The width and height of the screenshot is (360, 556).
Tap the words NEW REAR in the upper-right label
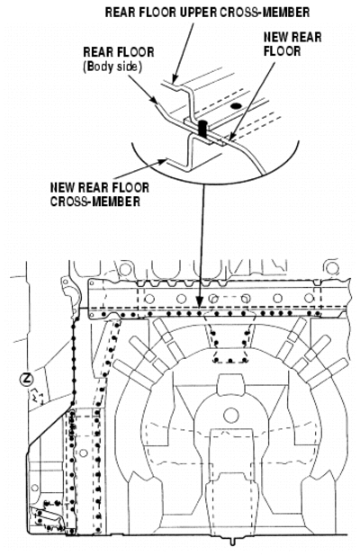point(292,37)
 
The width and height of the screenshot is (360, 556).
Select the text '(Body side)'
point(112,67)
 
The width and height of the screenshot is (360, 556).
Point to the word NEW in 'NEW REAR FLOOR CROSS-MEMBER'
point(61,187)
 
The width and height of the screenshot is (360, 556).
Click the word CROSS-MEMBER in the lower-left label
point(95,201)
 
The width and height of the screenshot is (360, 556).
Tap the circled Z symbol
point(26,380)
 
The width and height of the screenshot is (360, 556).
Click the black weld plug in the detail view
point(203,128)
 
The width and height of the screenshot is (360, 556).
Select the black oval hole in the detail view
point(235,105)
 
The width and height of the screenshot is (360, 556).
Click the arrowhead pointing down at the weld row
point(200,301)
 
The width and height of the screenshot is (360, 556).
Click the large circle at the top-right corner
point(332,268)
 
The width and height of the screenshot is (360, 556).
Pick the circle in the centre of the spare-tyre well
point(231,415)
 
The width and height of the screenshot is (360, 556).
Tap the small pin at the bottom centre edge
point(233,542)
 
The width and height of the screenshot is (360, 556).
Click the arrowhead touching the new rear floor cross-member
point(163,162)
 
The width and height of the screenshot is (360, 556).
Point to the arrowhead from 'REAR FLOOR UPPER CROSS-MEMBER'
point(174,79)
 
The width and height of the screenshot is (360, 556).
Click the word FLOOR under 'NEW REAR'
point(282,51)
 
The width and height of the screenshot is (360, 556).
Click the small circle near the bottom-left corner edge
point(34,489)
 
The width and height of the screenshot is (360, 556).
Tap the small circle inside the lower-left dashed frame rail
point(83,453)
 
